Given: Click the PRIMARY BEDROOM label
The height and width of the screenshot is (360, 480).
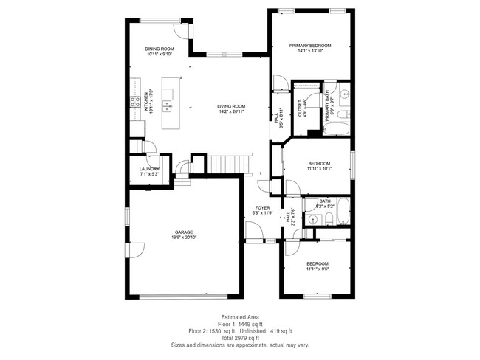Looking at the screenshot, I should coord(310,46).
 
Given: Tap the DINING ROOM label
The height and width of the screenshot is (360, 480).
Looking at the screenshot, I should coord(159,49).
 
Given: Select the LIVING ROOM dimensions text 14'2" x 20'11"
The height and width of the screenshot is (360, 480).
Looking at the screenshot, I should coord(231,112).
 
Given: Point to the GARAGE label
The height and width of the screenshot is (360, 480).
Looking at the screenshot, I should coord(185,231).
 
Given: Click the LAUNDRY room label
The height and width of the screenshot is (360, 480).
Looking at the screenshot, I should coord(149,169).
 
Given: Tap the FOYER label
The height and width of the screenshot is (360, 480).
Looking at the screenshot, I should coord(263,208).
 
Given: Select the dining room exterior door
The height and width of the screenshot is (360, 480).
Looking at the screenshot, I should coord(181,30).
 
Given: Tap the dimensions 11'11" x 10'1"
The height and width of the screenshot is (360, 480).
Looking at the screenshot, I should coord(319,169).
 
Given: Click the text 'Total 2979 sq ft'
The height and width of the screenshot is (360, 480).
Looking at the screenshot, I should coord(240,337).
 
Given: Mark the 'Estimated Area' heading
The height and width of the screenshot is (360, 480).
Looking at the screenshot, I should coord(240,317).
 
